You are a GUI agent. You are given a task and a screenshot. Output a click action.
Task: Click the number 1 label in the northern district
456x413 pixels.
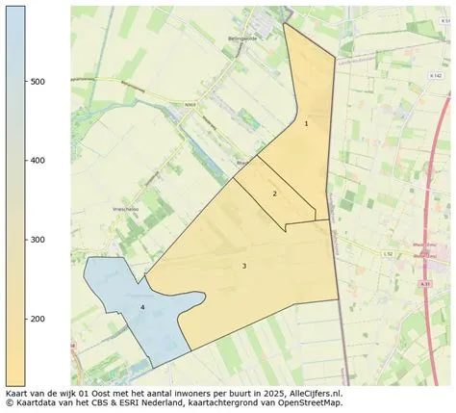tap(306, 123)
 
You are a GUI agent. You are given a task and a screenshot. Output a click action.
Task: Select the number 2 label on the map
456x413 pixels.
tap(274, 194)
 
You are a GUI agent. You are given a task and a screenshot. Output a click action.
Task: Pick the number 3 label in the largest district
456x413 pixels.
tap(244, 266)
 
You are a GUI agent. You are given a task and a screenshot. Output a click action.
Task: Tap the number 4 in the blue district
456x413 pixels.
tap(142, 307)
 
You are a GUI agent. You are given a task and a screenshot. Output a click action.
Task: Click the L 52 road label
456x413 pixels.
tap(387, 253)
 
